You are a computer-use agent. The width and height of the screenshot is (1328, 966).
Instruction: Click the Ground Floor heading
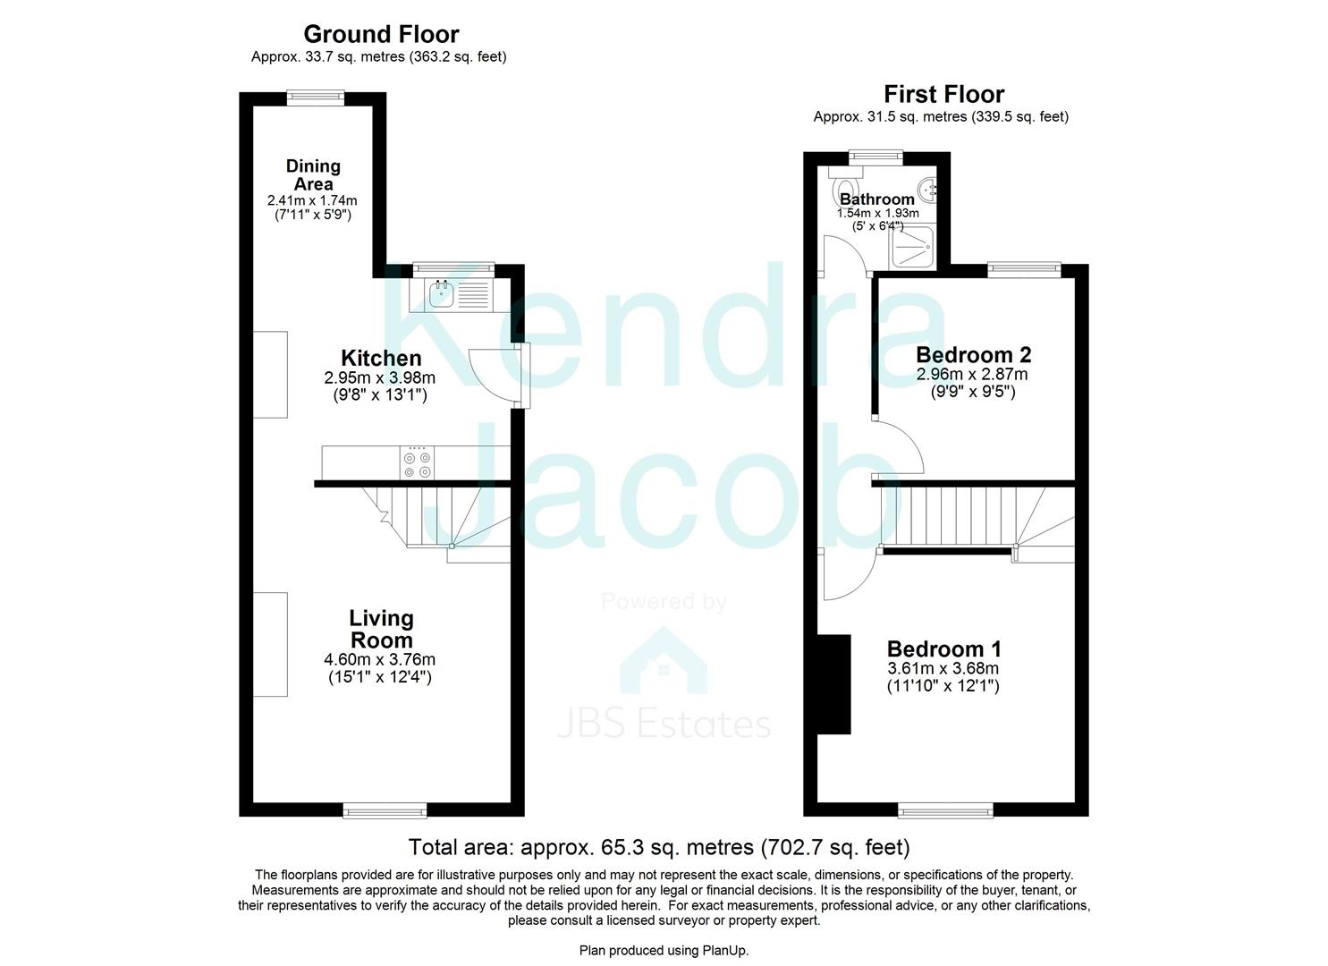(381, 34)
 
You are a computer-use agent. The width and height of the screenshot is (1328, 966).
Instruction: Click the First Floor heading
(943, 94)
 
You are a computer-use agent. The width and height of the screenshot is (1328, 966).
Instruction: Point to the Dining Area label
(313, 174)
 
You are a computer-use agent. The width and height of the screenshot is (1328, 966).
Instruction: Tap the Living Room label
(381, 629)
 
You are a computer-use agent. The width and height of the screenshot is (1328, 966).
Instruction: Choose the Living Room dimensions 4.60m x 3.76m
(380, 660)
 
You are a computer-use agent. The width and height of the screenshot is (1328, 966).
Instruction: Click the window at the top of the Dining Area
(316, 97)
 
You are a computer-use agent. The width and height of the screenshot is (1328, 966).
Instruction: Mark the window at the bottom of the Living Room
(385, 810)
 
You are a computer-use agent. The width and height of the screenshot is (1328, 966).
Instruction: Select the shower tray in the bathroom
(912, 246)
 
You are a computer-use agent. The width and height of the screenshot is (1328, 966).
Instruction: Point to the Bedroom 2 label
(973, 355)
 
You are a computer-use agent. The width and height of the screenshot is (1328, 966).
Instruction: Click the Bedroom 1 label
(943, 648)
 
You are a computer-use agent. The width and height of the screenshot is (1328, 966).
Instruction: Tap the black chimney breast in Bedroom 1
(833, 684)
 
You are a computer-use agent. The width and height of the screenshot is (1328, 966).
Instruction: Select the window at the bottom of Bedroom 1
(945, 810)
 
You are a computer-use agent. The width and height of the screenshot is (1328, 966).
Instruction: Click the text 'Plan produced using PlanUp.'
(664, 950)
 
